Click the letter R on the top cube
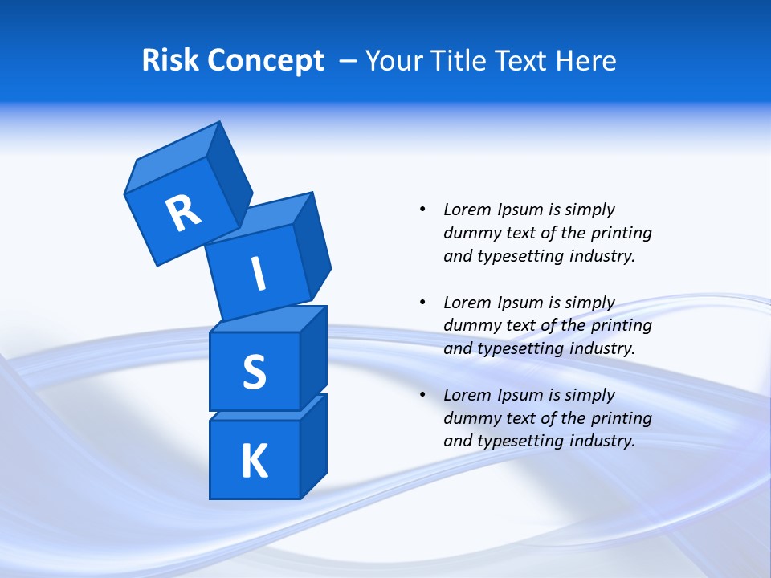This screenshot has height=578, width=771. point(183,213)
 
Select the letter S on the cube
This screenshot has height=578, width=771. point(254,372)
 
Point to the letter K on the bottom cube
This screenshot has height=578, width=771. point(254,462)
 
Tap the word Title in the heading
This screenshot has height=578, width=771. point(460,61)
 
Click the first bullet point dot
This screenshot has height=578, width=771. point(422,210)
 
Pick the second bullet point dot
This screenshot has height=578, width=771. point(422,303)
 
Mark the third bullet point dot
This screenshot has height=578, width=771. point(422,395)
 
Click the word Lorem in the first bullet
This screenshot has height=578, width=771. point(466,210)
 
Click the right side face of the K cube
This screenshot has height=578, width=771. point(313,446)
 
